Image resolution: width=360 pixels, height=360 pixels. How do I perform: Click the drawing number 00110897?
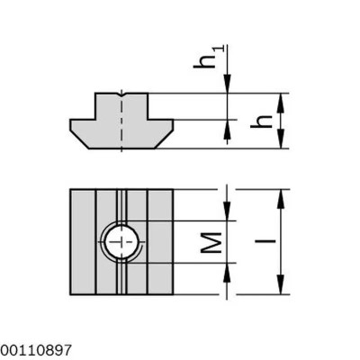[34, 346]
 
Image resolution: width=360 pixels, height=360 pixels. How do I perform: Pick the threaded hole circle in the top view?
[120, 241]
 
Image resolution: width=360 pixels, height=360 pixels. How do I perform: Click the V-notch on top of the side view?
[120, 93]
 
